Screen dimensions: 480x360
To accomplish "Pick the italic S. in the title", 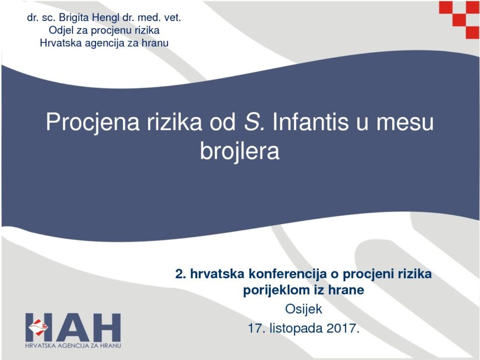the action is (254, 122).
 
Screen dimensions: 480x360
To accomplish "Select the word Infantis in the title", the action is (310, 122).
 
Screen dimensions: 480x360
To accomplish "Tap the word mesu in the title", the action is (405, 123).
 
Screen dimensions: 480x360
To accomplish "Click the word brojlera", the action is (239, 151).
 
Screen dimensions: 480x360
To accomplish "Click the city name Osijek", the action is (303, 309).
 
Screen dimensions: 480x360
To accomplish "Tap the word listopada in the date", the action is (296, 329).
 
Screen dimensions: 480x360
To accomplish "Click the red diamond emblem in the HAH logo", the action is (38, 327).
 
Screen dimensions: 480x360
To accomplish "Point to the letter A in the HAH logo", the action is (73, 327).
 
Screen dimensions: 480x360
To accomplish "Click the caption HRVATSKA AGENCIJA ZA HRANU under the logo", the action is (73, 346).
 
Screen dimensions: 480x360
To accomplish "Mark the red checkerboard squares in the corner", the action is (459, 19).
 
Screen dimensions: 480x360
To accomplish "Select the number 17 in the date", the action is (255, 328).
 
